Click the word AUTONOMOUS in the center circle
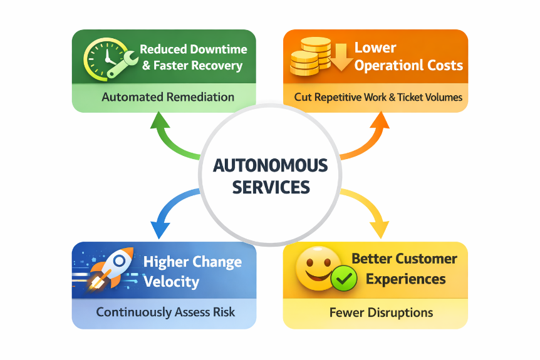click(x=270, y=166)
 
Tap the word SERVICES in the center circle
click(x=270, y=187)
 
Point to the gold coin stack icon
click(x=310, y=58)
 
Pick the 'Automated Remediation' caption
click(x=168, y=98)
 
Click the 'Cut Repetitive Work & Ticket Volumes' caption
click(x=378, y=98)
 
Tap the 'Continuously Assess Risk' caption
click(x=165, y=312)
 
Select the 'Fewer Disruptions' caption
click(x=381, y=312)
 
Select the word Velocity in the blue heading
click(x=171, y=281)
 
